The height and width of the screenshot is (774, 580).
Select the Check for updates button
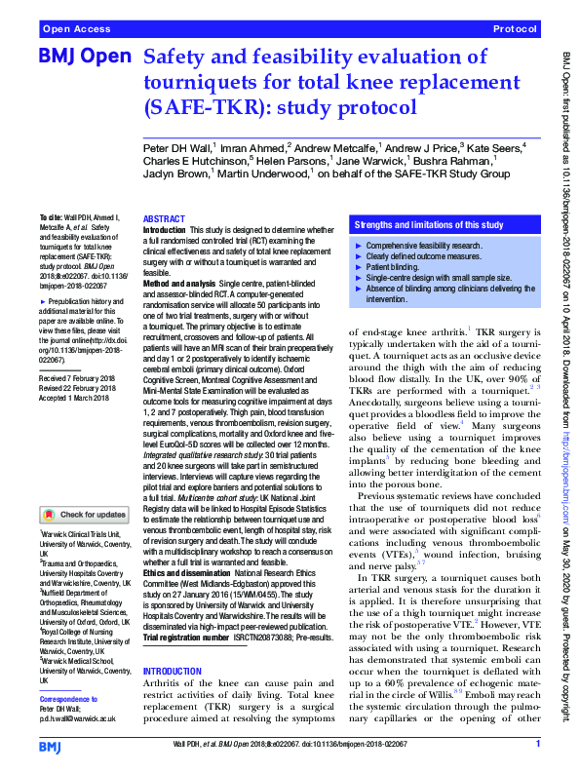coord(84,514)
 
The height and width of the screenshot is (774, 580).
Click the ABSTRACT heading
coord(163,219)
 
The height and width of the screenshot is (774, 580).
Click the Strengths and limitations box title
coord(429,224)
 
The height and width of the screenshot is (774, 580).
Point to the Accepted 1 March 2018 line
coord(74,395)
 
